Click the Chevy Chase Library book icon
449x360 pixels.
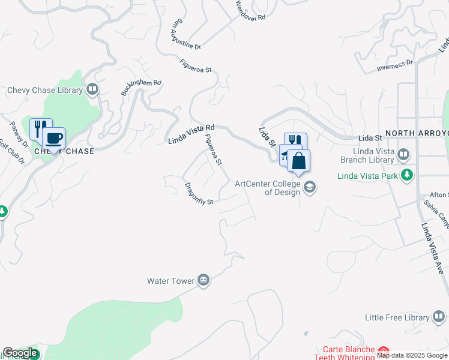coord(92,90)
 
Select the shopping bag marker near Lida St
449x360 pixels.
coord(298,161)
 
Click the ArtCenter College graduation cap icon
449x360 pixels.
coord(309,187)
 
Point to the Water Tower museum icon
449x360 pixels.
coord(203,281)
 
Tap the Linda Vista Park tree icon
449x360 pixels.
coord(408,175)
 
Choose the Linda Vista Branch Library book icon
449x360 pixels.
coord(404,155)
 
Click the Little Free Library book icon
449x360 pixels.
coord(439,317)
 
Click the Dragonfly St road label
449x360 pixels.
coord(199,194)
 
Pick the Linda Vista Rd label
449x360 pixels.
coord(191,134)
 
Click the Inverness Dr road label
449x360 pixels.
coord(395,65)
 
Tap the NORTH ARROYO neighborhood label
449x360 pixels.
coord(417,133)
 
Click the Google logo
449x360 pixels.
coord(20,353)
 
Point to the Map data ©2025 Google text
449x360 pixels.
coord(412,355)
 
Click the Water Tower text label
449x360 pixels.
coord(171,281)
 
